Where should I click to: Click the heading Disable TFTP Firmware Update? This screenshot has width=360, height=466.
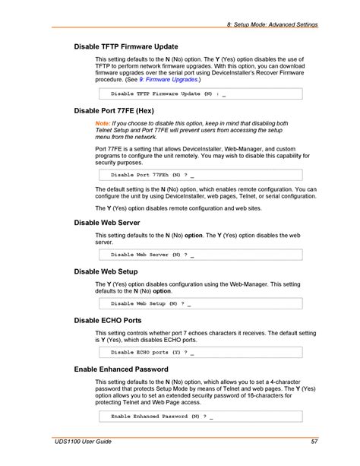126,46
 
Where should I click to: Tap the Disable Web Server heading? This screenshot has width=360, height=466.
107,223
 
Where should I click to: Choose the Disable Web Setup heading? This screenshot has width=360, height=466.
106,271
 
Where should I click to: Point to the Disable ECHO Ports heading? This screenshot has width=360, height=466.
108,320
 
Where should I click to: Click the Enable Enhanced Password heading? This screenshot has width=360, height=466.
121,369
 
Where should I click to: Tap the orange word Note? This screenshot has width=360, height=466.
103,123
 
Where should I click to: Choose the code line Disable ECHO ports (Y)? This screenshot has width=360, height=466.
152,353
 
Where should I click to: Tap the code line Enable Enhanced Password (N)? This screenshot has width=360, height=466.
162,417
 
